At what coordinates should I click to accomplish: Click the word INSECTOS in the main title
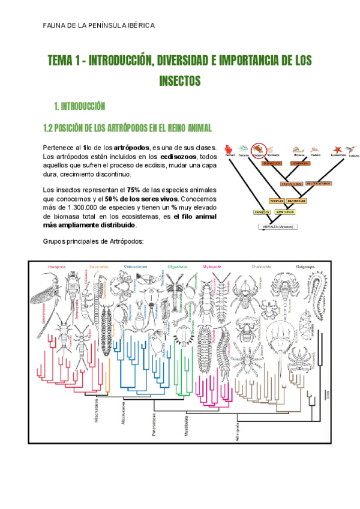[x=179, y=80]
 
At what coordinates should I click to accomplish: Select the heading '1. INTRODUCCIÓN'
[x=80, y=107]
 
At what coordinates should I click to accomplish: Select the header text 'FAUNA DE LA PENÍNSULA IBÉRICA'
[x=99, y=25]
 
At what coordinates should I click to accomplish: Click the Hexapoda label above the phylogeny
[x=57, y=265]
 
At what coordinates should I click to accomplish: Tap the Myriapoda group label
[x=213, y=265]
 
